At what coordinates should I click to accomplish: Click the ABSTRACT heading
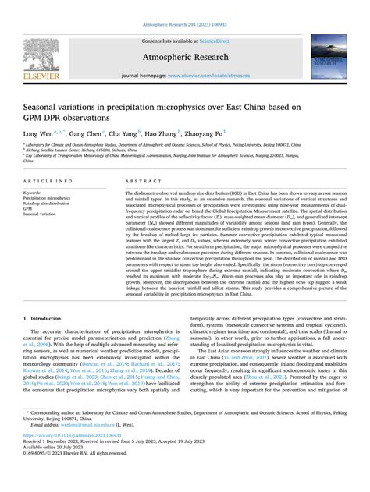pyautogui.click(x=141, y=179)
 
